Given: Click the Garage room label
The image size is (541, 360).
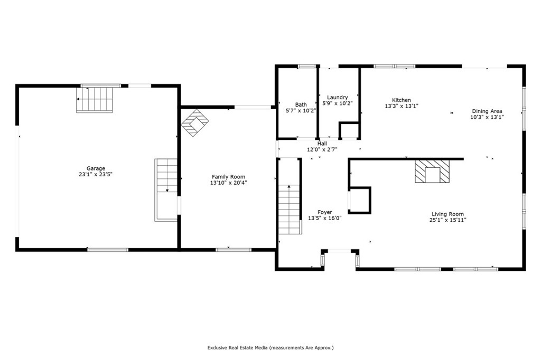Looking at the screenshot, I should [x=96, y=168].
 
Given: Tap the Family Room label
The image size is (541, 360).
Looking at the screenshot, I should [x=228, y=177].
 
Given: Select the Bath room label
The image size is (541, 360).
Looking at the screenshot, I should [x=301, y=105].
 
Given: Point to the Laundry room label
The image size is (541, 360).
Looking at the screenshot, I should [x=337, y=98].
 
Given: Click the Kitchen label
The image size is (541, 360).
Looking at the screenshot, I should [x=401, y=100].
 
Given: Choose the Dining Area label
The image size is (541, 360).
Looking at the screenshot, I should [x=487, y=111].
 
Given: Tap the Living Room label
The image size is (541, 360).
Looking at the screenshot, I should [x=447, y=214].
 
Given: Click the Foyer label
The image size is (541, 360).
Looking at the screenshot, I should [x=324, y=212].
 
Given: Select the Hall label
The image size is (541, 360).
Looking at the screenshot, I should [x=322, y=144].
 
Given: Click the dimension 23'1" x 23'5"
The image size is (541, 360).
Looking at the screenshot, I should [x=96, y=174].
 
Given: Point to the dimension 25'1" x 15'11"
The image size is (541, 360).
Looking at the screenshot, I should [x=447, y=220].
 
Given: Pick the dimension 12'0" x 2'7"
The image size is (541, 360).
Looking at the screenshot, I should [x=322, y=149].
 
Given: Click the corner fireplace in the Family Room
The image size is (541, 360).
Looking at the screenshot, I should [x=194, y=122].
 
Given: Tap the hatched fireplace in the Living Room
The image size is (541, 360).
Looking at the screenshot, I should [x=432, y=172].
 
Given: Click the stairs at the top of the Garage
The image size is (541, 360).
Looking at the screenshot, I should [x=95, y=100].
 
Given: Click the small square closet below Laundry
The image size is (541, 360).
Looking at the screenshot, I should [x=348, y=130].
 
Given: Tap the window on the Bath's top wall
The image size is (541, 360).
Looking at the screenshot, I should [x=306, y=66].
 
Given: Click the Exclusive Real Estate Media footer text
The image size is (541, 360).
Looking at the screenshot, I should [x=270, y=348].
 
